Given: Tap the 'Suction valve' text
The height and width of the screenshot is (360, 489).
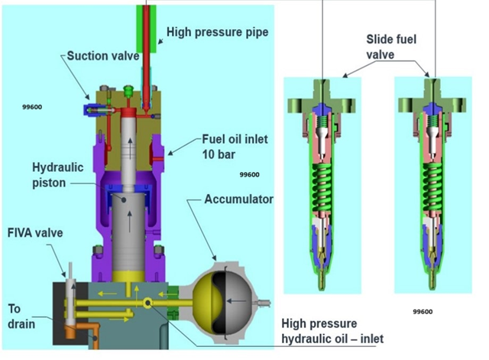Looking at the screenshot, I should [103, 56].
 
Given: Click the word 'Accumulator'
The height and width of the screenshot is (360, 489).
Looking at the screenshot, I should [239, 199].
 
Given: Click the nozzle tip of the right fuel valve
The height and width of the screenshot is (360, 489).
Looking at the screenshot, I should [432, 285].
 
